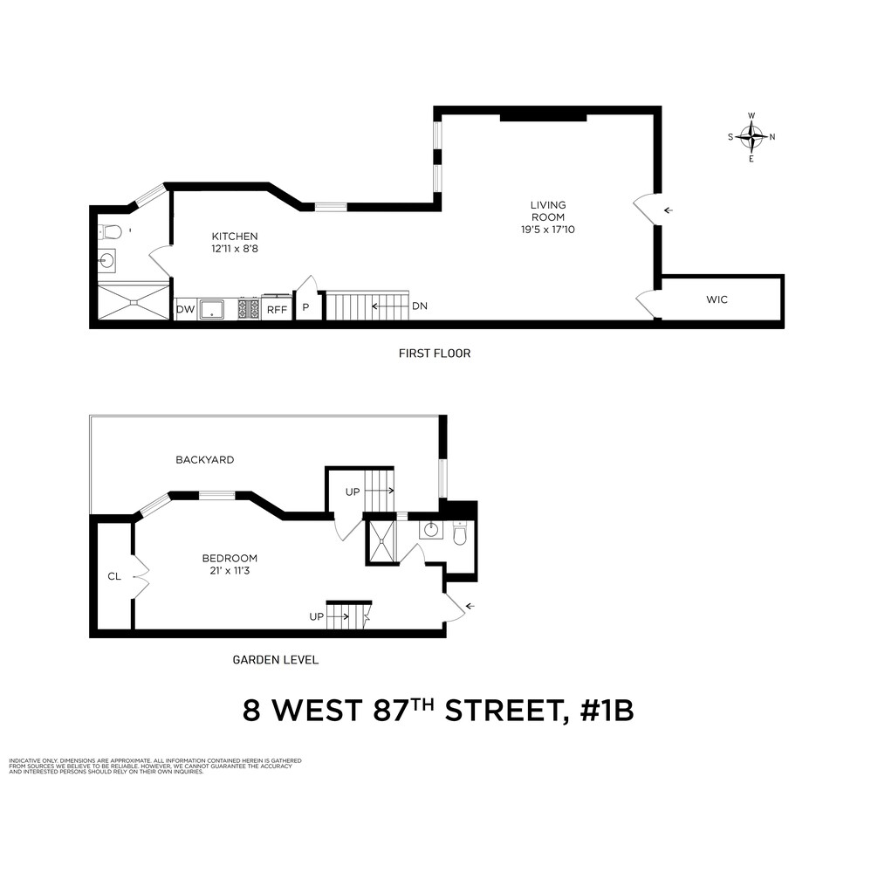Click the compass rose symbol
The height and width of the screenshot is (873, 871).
point(751,136)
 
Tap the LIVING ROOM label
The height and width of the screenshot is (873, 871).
point(547,211)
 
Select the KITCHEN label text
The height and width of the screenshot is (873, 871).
point(235,236)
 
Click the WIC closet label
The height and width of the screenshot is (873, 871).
point(717,299)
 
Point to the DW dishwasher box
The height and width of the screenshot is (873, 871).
point(185,309)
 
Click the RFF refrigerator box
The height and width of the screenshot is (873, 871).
point(277,309)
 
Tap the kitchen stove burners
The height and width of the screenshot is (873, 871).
point(249,309)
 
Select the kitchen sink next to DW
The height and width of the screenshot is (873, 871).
point(212,309)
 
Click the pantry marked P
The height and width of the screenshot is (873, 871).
point(306,308)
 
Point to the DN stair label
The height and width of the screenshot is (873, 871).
point(419,306)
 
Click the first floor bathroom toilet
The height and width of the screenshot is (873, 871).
point(111,232)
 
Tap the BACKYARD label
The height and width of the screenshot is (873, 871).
point(204,459)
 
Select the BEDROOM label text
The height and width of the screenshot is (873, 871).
point(230,559)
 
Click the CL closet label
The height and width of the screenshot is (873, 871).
point(113,576)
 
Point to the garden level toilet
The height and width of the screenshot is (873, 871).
point(460,533)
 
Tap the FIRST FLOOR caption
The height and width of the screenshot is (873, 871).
point(435,354)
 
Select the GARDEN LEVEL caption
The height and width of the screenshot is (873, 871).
point(275,660)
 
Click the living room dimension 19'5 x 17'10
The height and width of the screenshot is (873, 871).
point(547,230)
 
